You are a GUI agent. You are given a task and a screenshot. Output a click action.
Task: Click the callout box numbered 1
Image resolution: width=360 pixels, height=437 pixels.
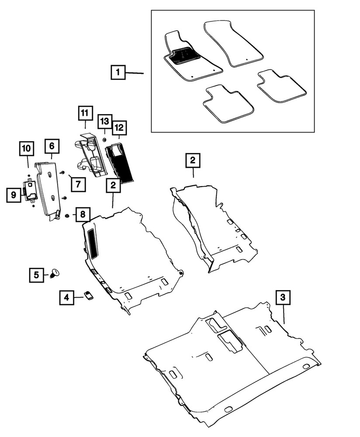tap(118, 72)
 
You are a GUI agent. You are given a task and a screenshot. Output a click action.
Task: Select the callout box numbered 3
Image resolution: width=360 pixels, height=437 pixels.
tap(283, 297)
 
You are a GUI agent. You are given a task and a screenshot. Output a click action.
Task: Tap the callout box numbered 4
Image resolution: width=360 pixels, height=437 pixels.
tap(66, 298)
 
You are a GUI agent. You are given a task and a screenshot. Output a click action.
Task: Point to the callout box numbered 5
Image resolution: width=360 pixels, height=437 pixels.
tap(36, 274)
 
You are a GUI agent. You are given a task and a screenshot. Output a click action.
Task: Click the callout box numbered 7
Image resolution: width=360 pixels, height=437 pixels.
tap(77, 184)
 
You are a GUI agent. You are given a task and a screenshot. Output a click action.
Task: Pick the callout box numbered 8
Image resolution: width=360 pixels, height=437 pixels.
tap(82, 215)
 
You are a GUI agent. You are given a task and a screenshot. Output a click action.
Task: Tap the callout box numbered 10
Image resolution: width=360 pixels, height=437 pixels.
tap(26, 148)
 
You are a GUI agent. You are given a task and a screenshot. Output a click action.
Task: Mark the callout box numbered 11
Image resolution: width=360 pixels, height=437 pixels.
tap(85, 113)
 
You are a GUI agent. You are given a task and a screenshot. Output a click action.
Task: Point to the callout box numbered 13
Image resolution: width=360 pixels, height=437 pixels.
tap(104, 121)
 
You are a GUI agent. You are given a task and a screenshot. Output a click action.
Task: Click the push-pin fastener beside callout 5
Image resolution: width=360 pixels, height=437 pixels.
tap(55, 273)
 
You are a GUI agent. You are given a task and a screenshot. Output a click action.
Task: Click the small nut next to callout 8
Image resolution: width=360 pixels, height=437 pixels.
tap(67, 215)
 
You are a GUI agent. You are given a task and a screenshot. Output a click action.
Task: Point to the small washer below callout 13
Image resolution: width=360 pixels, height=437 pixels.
tap(105, 139)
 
